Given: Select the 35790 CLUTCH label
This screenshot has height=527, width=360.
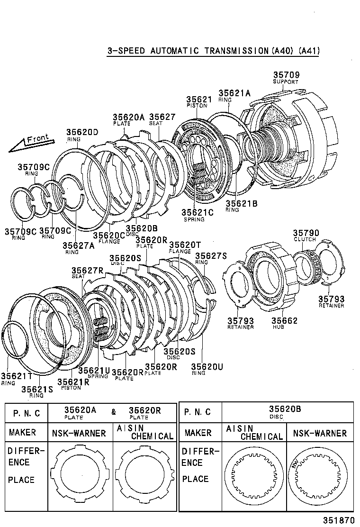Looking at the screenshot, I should coord(306,235).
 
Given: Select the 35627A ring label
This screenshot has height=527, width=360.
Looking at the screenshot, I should coord(78,247).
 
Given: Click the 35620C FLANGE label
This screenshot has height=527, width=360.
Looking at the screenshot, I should coord(108,237).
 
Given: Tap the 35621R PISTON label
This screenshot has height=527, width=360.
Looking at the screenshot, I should coord(73,383).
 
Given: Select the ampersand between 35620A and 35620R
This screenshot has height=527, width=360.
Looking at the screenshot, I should coord(114,412).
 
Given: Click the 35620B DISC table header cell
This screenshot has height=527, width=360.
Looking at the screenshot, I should coord(285,412).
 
